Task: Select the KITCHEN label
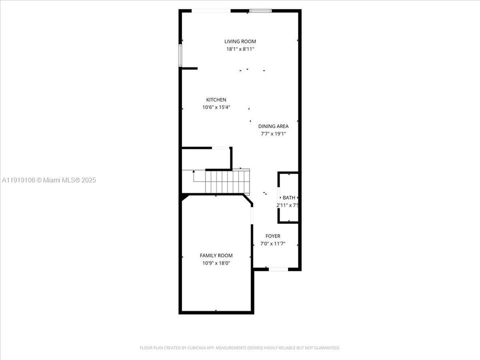click(x=216, y=100)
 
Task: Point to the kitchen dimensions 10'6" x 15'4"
click(x=216, y=107)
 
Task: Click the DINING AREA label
click(x=273, y=126)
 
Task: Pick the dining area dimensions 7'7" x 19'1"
click(x=273, y=133)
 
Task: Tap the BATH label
click(x=289, y=197)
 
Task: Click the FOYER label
click(x=273, y=236)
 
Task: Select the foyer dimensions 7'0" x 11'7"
click(x=273, y=243)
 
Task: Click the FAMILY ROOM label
click(x=216, y=255)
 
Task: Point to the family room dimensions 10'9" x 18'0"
click(x=216, y=262)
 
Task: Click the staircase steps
click(x=228, y=181)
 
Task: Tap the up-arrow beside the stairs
click(x=194, y=172)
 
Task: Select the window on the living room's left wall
click(x=180, y=55)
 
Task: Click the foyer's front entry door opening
click(x=278, y=269)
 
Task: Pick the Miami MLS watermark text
click(x=49, y=180)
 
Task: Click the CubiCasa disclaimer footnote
click(x=240, y=347)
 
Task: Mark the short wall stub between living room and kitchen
click(x=189, y=68)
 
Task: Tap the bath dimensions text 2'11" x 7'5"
click(x=288, y=205)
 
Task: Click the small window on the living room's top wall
click(x=260, y=10)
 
